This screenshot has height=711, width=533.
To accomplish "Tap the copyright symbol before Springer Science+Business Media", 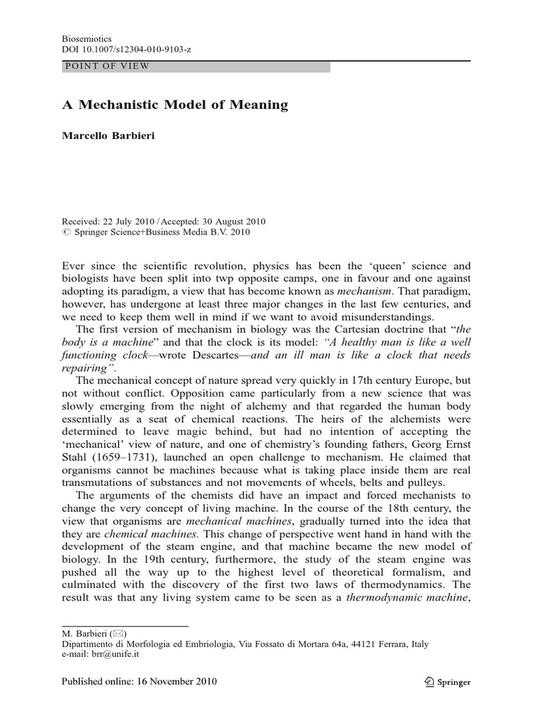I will (x=66, y=233).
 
